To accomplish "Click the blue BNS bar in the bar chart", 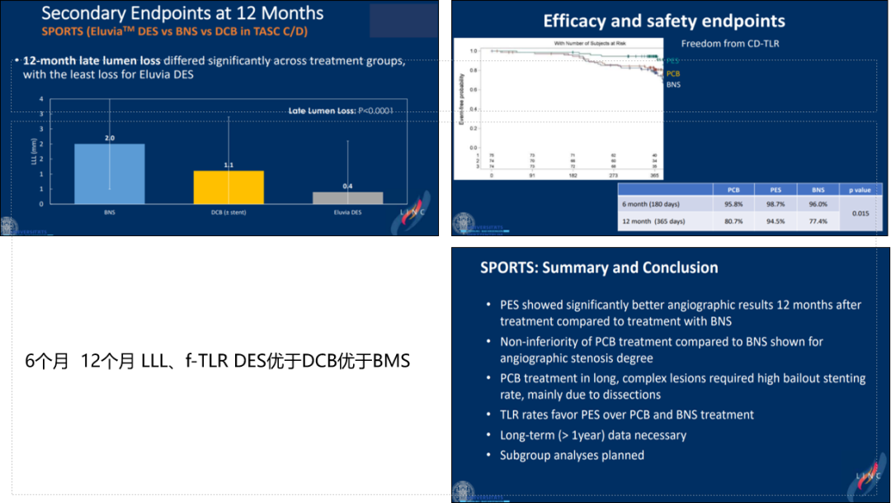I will click(109, 173).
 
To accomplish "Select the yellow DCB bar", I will click(229, 187).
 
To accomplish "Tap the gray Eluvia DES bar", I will click(347, 197).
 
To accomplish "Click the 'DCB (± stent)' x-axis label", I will click(229, 212).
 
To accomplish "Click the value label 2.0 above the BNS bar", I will click(109, 138).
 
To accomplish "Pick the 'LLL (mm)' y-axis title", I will click(34, 150).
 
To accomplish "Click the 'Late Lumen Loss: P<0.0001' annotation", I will click(340, 110).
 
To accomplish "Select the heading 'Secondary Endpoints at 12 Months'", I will click(182, 13).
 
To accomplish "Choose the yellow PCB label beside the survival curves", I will click(672, 74).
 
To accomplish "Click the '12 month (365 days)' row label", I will click(654, 221).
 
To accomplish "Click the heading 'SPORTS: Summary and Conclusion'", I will click(599, 268).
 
